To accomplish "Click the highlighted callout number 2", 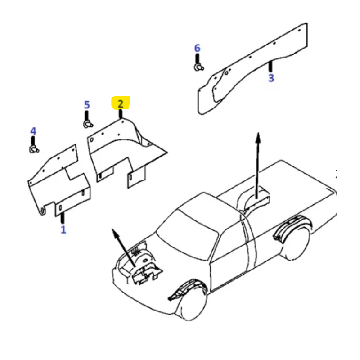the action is tap(121, 104).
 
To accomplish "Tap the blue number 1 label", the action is tap(63, 229).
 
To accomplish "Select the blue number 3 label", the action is tap(271, 78).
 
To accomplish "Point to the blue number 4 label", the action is tap(33, 131).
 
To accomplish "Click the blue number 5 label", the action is tap(87, 105).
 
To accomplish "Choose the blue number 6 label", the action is tap(197, 48).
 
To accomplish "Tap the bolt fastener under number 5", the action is tap(88, 124).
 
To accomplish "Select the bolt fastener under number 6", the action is tap(199, 67).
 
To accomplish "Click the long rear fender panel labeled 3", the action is tap(252, 69).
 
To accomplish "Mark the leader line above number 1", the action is tap(63, 218).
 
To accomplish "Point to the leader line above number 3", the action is tap(271, 67).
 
